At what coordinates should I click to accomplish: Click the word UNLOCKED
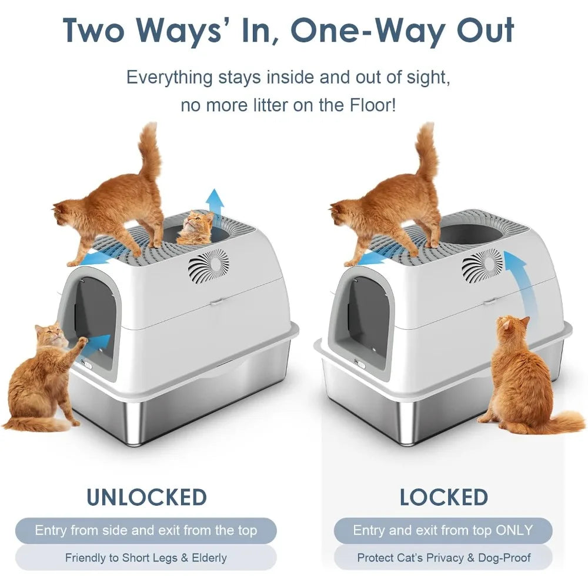click(x=147, y=497)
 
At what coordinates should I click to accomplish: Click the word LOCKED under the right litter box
click(x=444, y=497)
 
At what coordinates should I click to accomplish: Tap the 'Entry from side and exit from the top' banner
click(x=146, y=530)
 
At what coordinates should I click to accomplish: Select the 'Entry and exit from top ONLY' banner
click(x=443, y=530)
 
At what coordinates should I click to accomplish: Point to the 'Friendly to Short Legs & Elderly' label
click(x=146, y=558)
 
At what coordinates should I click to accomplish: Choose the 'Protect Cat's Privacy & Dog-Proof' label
click(x=443, y=558)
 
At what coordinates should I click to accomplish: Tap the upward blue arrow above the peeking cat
click(x=216, y=205)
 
